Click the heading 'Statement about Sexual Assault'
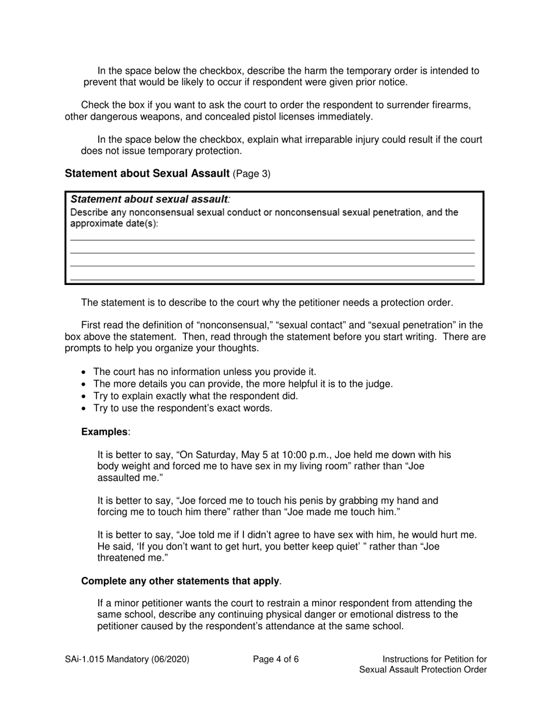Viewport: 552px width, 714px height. [x=147, y=174]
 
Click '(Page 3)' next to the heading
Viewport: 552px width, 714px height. [x=251, y=174]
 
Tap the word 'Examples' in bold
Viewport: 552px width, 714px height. [x=104, y=432]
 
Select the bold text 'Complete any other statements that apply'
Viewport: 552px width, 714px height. [x=180, y=581]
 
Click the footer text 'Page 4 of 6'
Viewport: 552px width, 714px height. [x=276, y=659]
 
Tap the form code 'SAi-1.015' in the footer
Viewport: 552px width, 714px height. [x=85, y=659]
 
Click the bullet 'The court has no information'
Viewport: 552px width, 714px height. [x=205, y=372]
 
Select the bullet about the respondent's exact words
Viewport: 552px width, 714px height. [x=182, y=408]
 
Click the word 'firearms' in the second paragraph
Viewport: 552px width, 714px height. [x=451, y=105]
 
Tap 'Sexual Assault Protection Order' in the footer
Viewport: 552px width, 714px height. [x=422, y=669]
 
